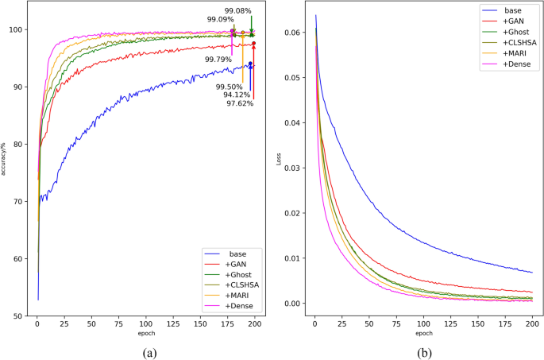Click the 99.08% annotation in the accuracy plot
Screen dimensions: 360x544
[237, 11]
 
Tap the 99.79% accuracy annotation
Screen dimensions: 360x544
[218, 59]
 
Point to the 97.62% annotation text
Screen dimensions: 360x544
[239, 103]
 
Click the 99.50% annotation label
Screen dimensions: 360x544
[229, 87]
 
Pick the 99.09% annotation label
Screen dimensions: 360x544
[220, 19]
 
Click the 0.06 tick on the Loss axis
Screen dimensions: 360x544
[292, 33]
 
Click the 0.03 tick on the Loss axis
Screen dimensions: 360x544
[292, 168]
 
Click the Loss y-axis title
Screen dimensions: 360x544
[279, 158]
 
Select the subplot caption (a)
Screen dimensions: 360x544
[147, 350]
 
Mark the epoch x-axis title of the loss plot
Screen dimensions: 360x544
[422, 334]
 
